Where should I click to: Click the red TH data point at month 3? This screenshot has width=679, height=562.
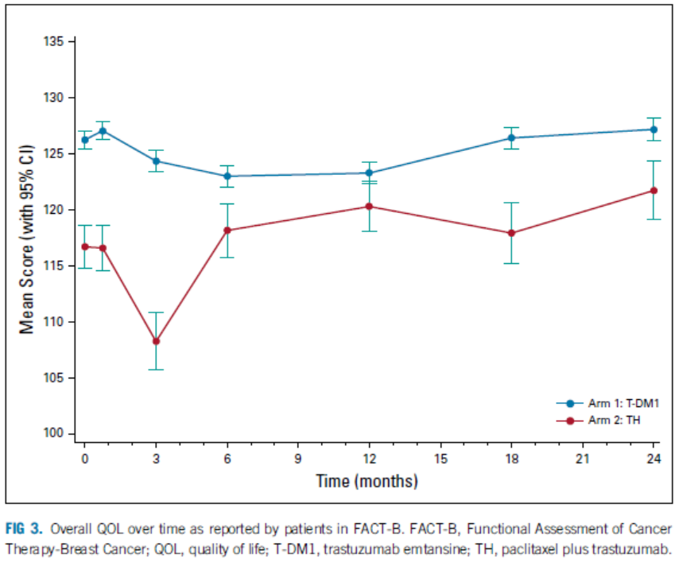click(x=156, y=341)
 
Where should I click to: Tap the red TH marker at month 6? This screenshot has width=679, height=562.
click(x=227, y=231)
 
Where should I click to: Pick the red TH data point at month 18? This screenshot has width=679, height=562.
click(x=511, y=233)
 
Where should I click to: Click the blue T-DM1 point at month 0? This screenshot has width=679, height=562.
click(x=85, y=140)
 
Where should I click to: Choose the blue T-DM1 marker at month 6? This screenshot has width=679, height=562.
click(x=227, y=176)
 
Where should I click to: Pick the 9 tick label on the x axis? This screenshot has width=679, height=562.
click(x=298, y=459)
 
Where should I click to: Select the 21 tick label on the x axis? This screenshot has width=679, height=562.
click(x=582, y=459)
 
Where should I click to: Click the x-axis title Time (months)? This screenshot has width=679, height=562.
click(x=367, y=481)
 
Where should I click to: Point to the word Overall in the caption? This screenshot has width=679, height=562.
click(x=74, y=529)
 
